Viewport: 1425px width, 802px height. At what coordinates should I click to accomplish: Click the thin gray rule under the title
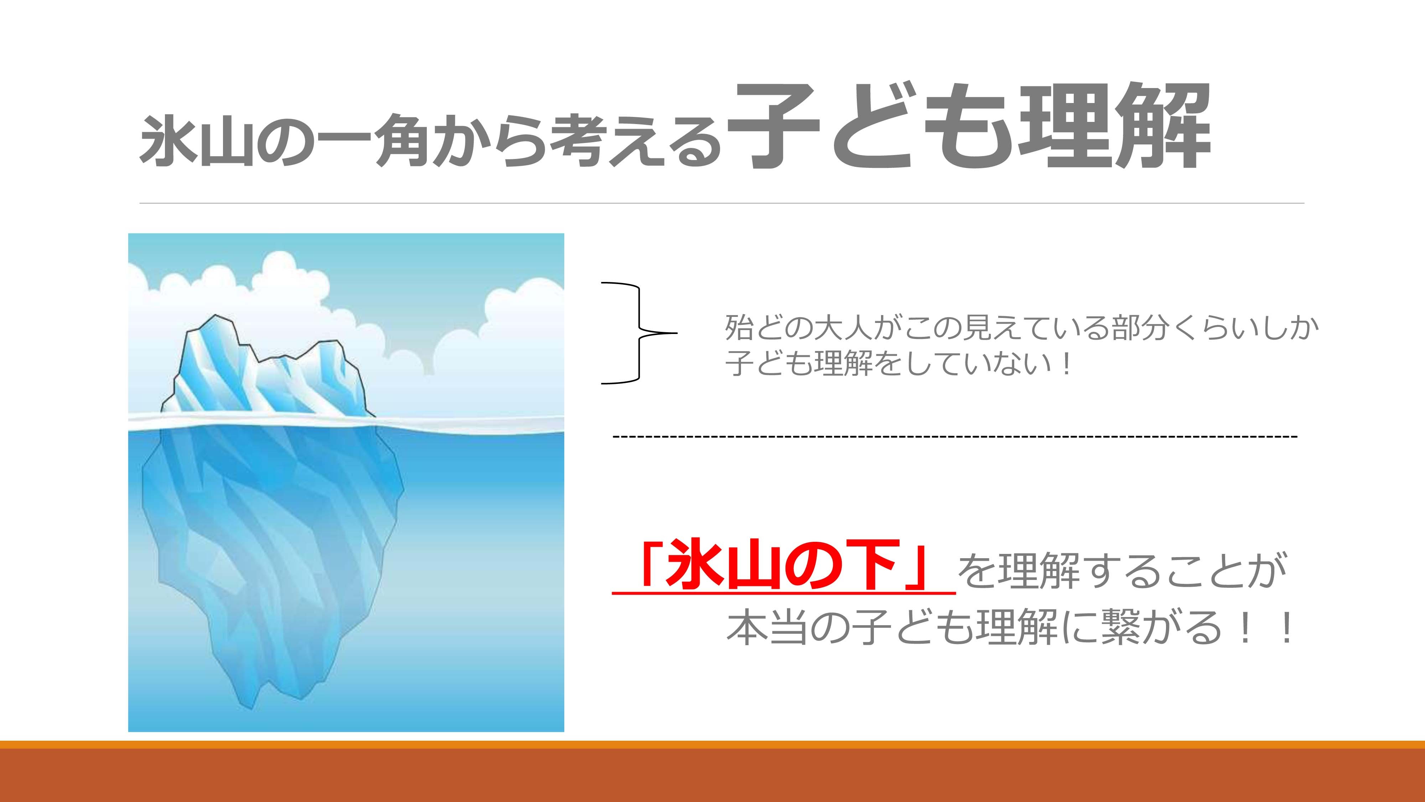pos(722,204)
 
